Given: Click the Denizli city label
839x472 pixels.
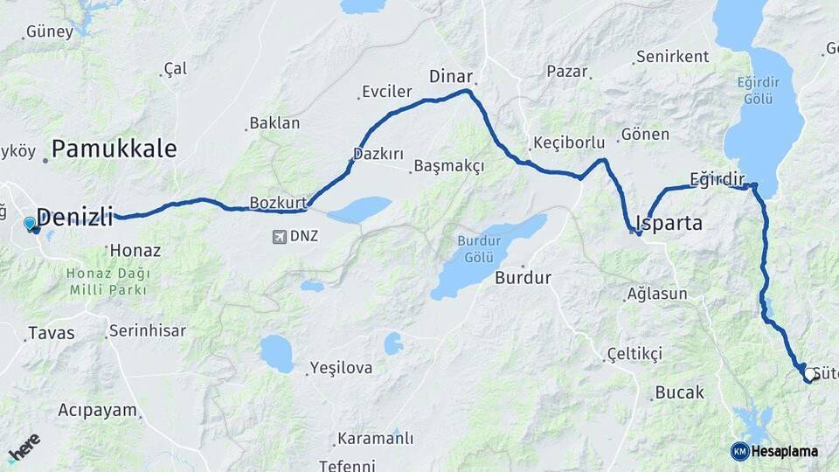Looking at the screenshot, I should (x=75, y=217).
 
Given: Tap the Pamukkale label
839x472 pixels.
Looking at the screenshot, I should (x=114, y=149).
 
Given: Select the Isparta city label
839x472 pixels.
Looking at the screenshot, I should (x=670, y=223).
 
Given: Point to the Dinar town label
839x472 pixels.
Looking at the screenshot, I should (x=451, y=77).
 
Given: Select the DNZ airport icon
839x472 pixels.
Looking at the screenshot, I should (x=280, y=237).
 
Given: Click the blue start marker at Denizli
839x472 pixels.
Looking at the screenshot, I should (x=31, y=224).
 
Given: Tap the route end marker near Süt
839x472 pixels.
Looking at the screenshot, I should (x=808, y=378).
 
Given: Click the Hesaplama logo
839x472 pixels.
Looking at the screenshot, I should (x=775, y=451).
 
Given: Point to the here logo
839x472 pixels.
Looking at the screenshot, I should (x=24, y=447).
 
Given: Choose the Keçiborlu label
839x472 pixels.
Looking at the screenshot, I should (x=569, y=143).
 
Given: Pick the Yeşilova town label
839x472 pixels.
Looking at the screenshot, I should (x=341, y=368).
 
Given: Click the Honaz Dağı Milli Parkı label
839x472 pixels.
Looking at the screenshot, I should (x=108, y=281).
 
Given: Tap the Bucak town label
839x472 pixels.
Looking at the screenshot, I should (x=679, y=392).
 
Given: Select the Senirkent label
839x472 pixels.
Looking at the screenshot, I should (x=672, y=57).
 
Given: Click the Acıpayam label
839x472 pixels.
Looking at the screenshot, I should (x=98, y=410).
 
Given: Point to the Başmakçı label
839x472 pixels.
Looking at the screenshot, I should (x=448, y=166).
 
